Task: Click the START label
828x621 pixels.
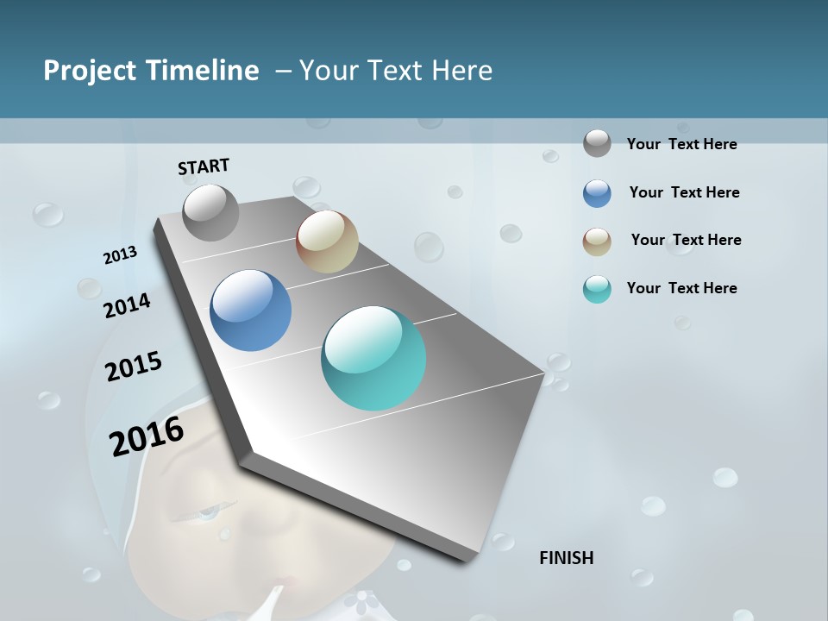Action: (204, 166)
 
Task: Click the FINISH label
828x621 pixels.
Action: (566, 558)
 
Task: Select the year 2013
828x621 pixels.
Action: (121, 255)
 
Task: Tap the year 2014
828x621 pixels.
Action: (128, 306)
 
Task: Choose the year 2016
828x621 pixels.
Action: (147, 436)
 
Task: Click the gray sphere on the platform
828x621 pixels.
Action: (210, 212)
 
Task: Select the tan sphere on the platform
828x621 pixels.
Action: (327, 241)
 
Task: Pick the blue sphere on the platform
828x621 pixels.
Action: (250, 310)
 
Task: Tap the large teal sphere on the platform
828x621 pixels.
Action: (373, 358)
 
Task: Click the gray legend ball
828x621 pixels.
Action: (597, 143)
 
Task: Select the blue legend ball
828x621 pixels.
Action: (597, 193)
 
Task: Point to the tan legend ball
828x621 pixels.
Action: (597, 241)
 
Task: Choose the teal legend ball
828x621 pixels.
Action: (597, 289)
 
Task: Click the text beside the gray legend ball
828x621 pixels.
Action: (681, 144)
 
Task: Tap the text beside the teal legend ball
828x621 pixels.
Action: (681, 288)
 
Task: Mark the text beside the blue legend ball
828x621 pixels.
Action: (684, 192)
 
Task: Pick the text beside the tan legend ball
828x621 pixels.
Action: (686, 240)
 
